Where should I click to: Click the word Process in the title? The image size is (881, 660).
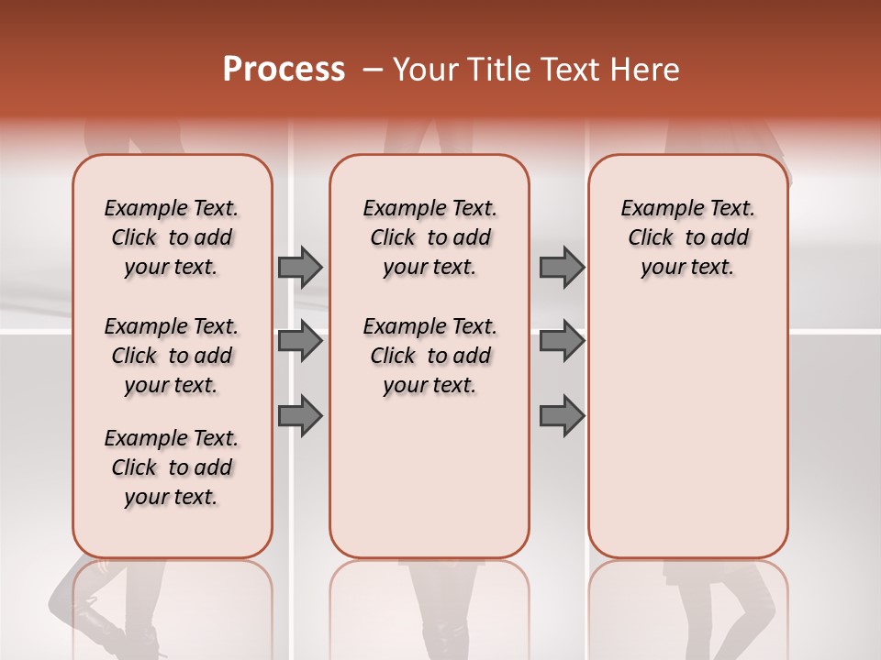[x=284, y=70]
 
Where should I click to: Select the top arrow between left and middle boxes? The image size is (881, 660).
[x=300, y=267]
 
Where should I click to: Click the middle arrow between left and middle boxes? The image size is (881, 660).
[x=300, y=342]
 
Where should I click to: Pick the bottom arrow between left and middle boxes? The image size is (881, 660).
[x=300, y=416]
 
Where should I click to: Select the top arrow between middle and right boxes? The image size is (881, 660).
[x=562, y=267]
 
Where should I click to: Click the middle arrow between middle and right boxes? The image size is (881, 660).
[x=562, y=342]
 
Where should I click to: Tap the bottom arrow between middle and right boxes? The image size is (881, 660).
[x=562, y=416]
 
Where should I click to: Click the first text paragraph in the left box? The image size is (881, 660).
[x=172, y=237]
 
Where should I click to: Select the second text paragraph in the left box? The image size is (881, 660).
[x=172, y=356]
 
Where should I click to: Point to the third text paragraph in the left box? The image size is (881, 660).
[x=172, y=467]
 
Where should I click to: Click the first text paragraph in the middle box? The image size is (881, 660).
[x=429, y=237]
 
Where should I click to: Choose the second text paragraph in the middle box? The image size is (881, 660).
[x=429, y=356]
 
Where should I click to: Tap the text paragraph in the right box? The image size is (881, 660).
[x=688, y=237]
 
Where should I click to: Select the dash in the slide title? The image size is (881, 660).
[x=372, y=70]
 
